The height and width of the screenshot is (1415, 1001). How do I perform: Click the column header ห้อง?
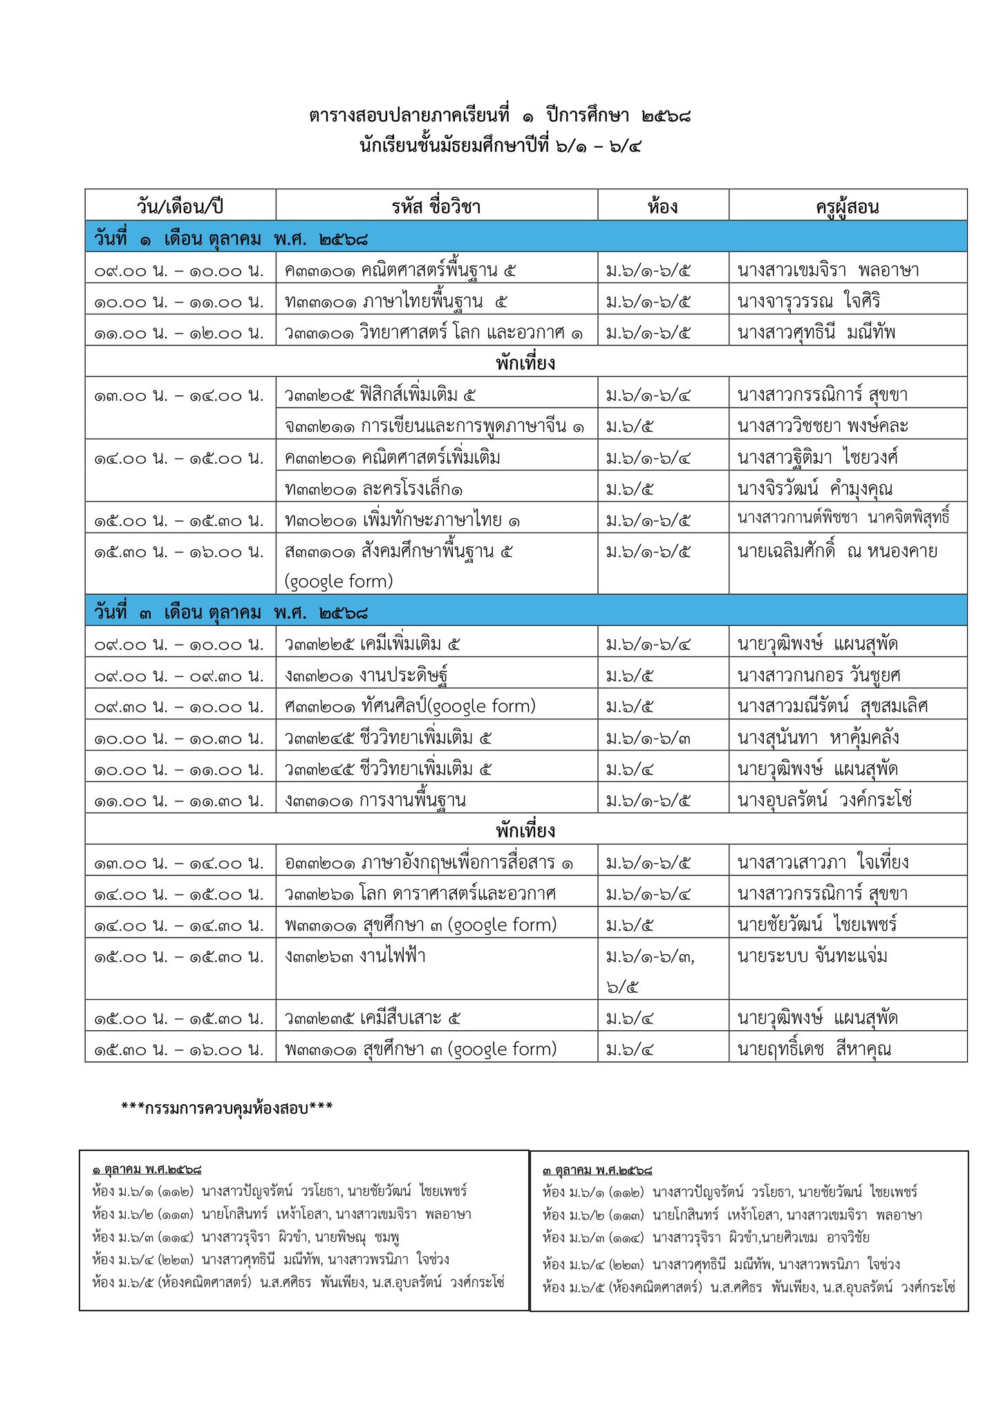[662, 206]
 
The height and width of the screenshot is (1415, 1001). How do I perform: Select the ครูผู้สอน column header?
[847, 206]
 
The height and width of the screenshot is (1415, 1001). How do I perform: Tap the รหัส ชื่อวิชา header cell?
[436, 206]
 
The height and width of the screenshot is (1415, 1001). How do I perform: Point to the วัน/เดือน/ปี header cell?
[180, 206]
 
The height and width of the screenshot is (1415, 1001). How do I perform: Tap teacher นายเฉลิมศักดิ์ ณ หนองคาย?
[837, 551]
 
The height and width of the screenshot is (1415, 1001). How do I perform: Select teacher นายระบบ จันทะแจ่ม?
[812, 956]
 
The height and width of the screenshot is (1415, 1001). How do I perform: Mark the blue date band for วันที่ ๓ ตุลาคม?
[525, 612]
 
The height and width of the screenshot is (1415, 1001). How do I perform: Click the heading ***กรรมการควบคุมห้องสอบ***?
[227, 1108]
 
